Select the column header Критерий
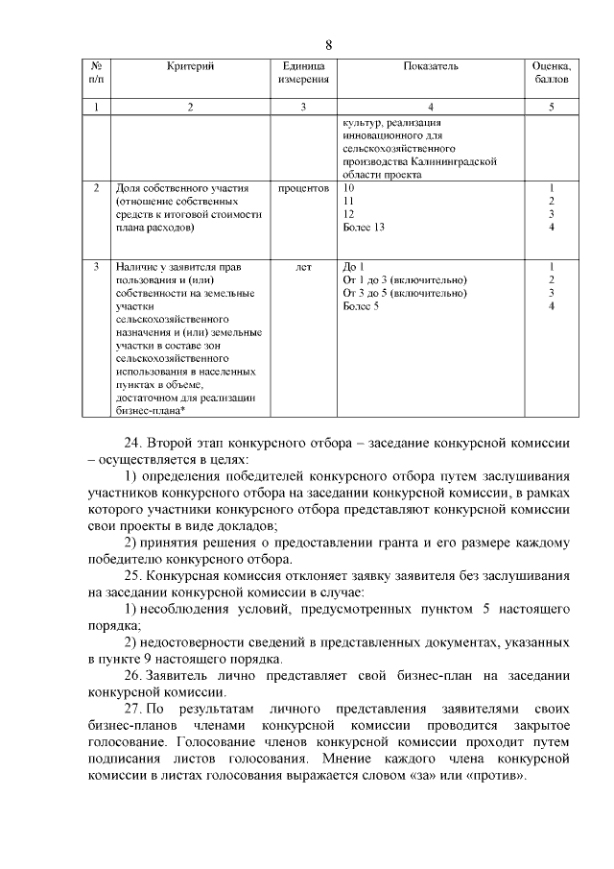190,66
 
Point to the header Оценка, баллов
552,73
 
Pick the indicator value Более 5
361,305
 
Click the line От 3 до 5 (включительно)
404,292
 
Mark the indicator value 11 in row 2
348,202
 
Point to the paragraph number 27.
133,709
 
